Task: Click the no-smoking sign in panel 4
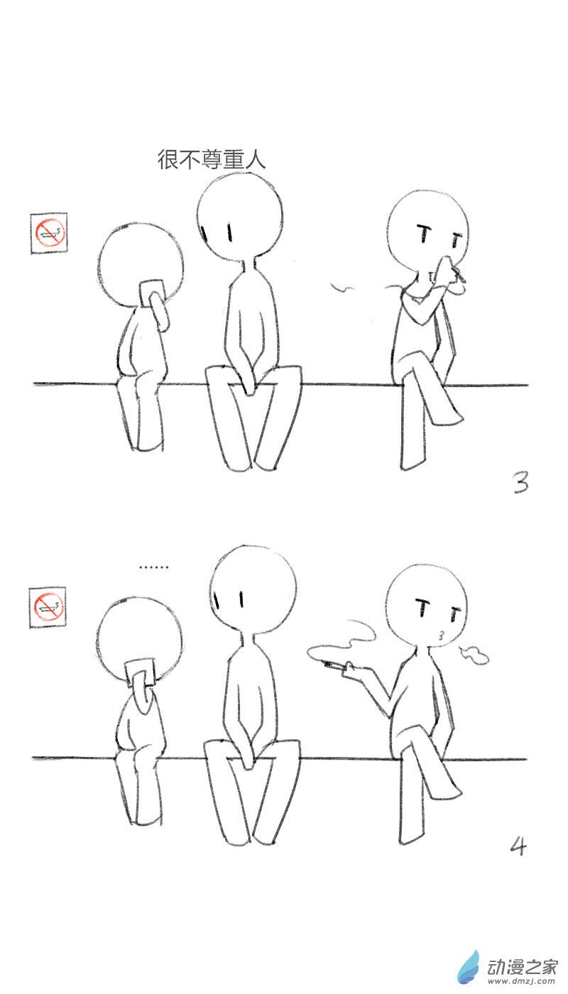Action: (x=48, y=607)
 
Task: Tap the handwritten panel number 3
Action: (x=520, y=483)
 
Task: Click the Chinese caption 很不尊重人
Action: (x=212, y=159)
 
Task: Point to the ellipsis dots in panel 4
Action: (x=153, y=567)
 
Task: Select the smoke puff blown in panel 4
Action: (x=474, y=655)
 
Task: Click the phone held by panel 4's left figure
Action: (x=140, y=672)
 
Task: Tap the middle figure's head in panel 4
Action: (x=252, y=587)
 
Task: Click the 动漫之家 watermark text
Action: (x=523, y=967)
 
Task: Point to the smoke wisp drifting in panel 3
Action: (x=343, y=287)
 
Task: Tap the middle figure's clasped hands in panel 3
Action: (x=248, y=383)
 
